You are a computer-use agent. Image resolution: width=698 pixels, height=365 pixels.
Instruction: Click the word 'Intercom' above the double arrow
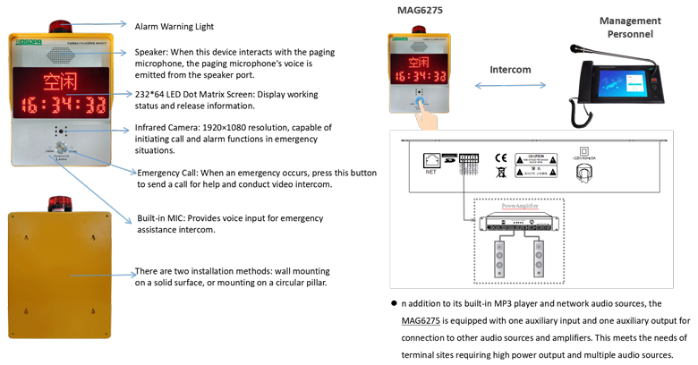[510, 69]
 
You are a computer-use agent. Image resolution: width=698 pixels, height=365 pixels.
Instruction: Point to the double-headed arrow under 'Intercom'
[510, 86]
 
